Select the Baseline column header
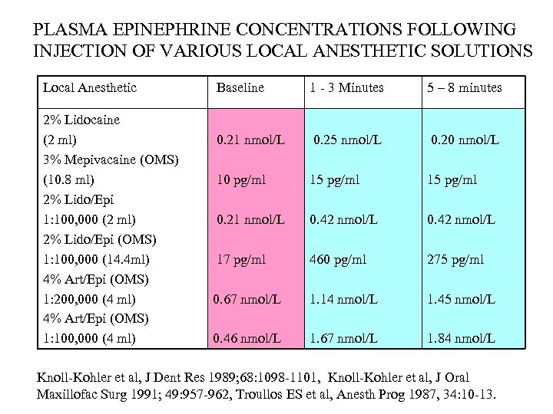240,87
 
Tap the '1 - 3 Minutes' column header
346,87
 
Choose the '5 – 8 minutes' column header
464,87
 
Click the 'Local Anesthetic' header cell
90,87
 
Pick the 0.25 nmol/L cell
347,140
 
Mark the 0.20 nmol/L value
465,140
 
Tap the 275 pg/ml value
455,260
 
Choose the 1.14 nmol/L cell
344,299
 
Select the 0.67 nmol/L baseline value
247,299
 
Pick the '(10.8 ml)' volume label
69,180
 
